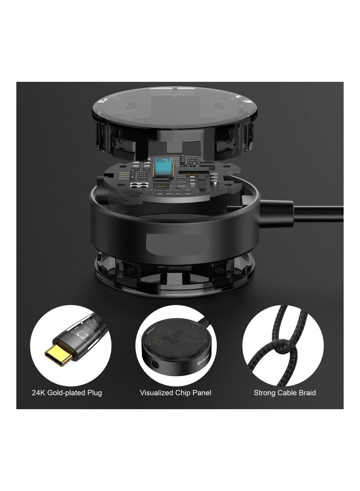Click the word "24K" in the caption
click(x=39, y=393)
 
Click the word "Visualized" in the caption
click(x=156, y=393)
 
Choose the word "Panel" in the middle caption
click(x=202, y=393)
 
